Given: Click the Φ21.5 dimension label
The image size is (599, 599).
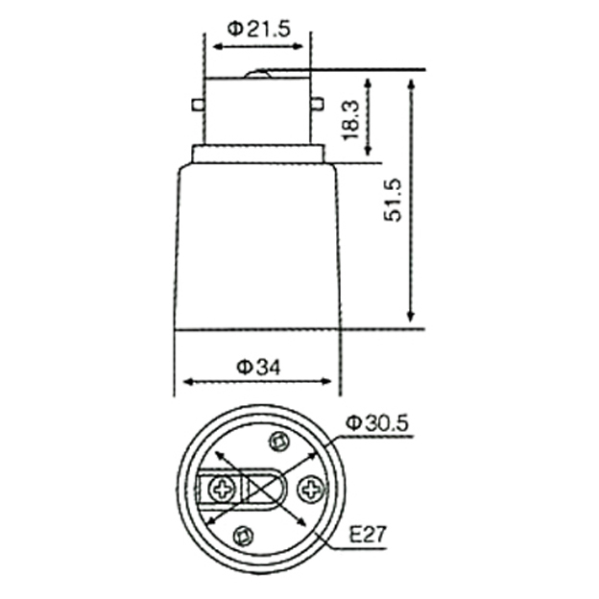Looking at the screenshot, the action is pyautogui.click(x=259, y=29).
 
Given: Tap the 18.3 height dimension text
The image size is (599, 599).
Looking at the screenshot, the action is pyautogui.click(x=351, y=120).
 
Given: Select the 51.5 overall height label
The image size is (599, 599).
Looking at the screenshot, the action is pyautogui.click(x=394, y=200).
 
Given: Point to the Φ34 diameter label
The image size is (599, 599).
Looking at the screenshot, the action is pyautogui.click(x=258, y=368).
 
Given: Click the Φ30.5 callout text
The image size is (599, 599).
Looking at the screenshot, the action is pyautogui.click(x=377, y=423).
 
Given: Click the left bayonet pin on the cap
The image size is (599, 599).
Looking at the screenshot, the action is pyautogui.click(x=197, y=105).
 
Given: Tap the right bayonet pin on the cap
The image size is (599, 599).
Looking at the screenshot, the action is pyautogui.click(x=318, y=104).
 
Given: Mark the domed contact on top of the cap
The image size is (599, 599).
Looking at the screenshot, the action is pyautogui.click(x=258, y=74).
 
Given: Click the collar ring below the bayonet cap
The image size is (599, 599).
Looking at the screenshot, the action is pyautogui.click(x=258, y=155).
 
